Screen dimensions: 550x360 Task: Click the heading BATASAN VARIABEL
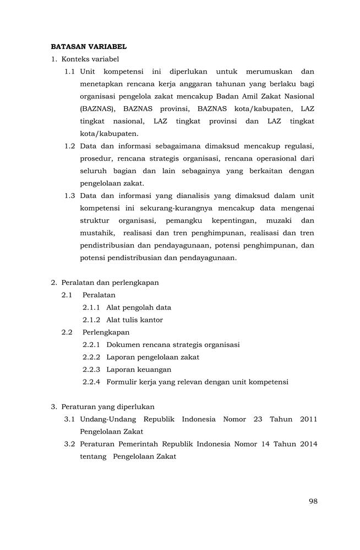pyautogui.click(x=89, y=47)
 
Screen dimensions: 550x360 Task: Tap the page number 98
pyautogui.click(x=313, y=501)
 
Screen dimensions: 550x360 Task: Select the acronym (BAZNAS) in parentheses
pyautogui.click(x=98, y=109)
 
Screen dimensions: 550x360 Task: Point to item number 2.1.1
pyautogui.click(x=91, y=307)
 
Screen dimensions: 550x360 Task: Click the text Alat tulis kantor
pyautogui.click(x=134, y=320)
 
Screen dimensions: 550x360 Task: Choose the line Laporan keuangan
pyautogui.click(x=139, y=370)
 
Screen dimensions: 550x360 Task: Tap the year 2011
pyautogui.click(x=308, y=419)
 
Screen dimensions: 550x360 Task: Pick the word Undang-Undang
pyautogui.click(x=103, y=419)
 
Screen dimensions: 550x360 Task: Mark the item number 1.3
pyautogui.click(x=69, y=196)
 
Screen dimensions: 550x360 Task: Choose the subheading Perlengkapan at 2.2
pyautogui.click(x=106, y=332)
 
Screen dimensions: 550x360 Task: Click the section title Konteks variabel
pyautogui.click(x=90, y=59)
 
